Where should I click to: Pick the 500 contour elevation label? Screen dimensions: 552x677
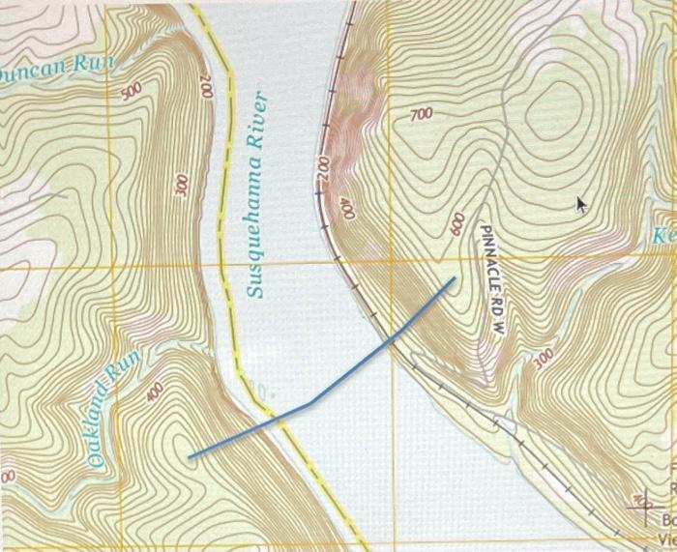pyautogui.click(x=132, y=91)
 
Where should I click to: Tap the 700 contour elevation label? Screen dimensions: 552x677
pyautogui.click(x=421, y=115)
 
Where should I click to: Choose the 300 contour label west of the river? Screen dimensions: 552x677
pyautogui.click(x=181, y=185)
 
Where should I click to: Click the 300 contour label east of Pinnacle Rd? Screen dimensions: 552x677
pyautogui.click(x=544, y=358)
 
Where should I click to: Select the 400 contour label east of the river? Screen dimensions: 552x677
pyautogui.click(x=347, y=210)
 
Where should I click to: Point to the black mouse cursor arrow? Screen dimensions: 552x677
pyautogui.click(x=581, y=204)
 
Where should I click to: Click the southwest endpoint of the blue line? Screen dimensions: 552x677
pyautogui.click(x=190, y=456)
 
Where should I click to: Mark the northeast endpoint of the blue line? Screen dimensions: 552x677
pyautogui.click(x=453, y=279)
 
